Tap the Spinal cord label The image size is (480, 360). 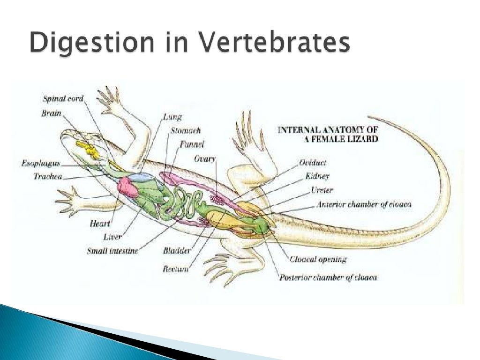[x=63, y=99]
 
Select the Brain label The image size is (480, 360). [x=51, y=113]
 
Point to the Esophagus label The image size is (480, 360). [x=40, y=164]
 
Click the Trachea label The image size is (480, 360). [x=48, y=176]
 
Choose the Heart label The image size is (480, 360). [x=99, y=224]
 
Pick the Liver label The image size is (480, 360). [x=112, y=237]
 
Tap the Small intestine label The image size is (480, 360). [x=112, y=251]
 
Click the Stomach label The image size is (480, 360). [x=185, y=131]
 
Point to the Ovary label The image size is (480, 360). [x=204, y=159]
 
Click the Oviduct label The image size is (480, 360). [x=313, y=163]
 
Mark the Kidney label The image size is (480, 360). [x=317, y=176]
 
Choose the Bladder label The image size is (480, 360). [x=177, y=251]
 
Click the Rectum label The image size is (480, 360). [x=175, y=269]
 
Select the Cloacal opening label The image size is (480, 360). [x=318, y=259]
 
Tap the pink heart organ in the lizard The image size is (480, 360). [x=127, y=187]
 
